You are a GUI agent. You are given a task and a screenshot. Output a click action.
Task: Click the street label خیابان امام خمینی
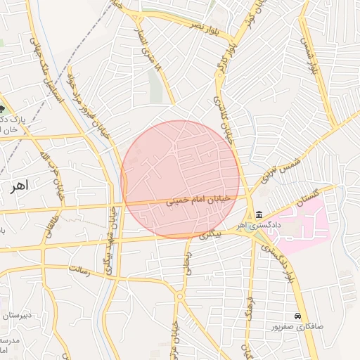198,201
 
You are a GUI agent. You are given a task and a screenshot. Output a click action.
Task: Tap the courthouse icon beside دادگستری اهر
259,214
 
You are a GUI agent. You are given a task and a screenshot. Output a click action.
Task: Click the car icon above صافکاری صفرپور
299,316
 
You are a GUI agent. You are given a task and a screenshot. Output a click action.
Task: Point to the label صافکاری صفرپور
298,327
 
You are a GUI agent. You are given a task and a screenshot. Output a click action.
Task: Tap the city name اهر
18,186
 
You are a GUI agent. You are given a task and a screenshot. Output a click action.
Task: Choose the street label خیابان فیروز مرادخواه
92,105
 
